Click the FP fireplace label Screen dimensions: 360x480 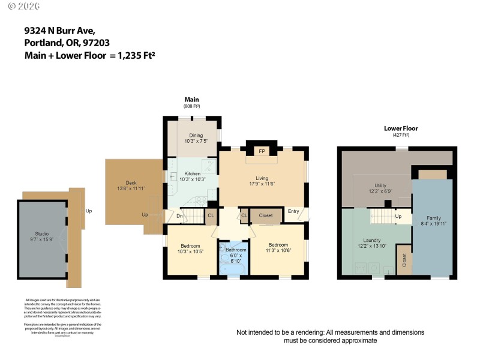262,152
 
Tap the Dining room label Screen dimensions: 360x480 196,136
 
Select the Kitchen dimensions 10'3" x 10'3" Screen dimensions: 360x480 193,179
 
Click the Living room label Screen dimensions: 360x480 262,178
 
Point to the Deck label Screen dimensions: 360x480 131,183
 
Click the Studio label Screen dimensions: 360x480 41,233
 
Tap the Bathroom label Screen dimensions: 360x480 236,250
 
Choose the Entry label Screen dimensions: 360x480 293,211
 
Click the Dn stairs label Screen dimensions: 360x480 179,215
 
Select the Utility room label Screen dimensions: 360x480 380,185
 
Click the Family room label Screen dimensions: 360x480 433,218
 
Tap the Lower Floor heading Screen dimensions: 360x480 401,128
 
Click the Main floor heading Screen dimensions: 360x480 191,100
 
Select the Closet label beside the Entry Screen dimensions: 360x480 266,215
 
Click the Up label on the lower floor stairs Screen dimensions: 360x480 398,216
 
